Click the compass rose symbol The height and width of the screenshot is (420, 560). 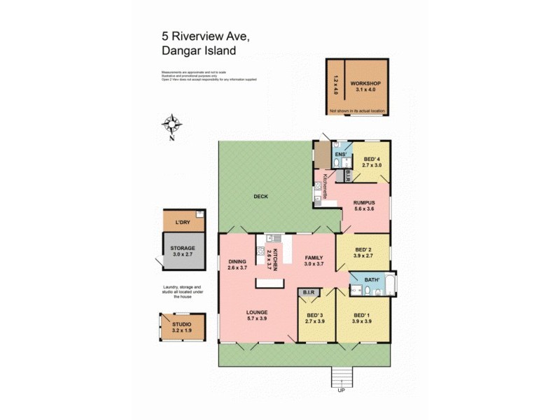[171, 125]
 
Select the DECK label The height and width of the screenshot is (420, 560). [260, 197]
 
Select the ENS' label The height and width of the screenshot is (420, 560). [340, 154]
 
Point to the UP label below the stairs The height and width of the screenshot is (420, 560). [342, 390]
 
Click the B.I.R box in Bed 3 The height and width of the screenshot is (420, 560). [309, 292]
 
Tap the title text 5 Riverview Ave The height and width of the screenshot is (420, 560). [196, 34]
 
